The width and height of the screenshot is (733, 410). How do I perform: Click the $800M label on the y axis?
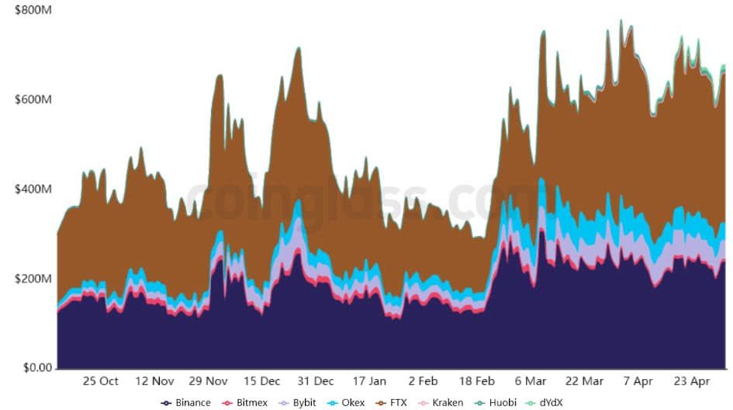tap(33, 10)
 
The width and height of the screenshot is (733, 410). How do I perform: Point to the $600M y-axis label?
tap(33, 99)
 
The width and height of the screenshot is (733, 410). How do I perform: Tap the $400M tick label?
tap(33, 189)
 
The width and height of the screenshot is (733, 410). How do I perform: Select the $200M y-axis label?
tap(33, 279)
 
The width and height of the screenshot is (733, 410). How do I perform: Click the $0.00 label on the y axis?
tap(38, 368)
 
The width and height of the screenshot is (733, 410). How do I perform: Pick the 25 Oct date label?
tap(101, 381)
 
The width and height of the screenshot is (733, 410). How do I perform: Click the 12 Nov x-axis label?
tap(154, 381)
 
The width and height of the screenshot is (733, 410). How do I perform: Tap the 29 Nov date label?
tap(208, 381)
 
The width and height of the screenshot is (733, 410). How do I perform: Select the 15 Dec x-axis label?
tap(262, 381)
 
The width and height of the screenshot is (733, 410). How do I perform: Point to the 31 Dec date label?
tap(316, 381)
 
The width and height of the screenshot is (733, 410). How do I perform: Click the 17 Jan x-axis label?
tap(369, 381)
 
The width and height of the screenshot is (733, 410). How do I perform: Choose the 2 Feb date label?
tap(423, 381)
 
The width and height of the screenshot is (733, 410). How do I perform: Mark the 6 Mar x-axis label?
tap(531, 381)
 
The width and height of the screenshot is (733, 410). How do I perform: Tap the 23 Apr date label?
tap(692, 381)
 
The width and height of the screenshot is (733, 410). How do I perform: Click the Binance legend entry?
tap(185, 403)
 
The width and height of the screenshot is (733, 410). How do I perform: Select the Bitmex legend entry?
tap(244, 403)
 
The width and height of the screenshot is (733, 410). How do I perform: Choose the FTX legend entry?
tap(391, 403)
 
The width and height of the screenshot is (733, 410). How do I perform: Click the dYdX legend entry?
tap(545, 403)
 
